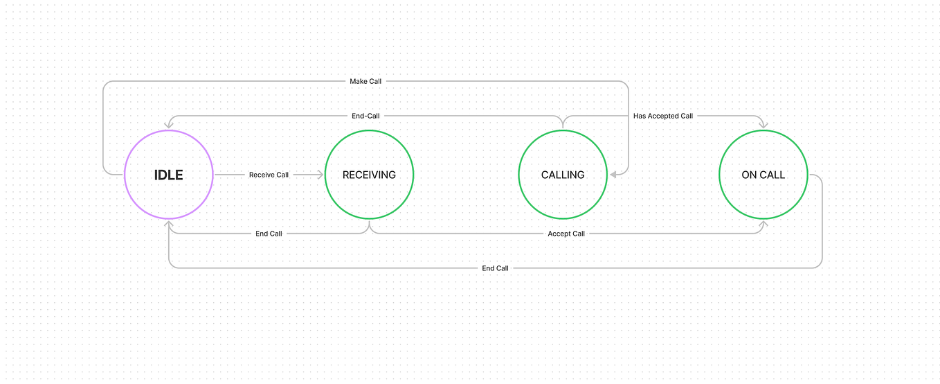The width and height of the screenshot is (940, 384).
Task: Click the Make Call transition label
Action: tap(365, 82)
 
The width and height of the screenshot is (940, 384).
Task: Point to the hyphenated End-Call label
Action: tap(365, 116)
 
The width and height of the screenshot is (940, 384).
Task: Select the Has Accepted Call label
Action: tap(662, 116)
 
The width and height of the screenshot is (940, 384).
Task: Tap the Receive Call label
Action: tap(269, 175)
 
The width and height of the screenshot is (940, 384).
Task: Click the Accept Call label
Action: tap(566, 234)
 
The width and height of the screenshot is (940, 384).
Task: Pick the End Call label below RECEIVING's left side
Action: tap(269, 234)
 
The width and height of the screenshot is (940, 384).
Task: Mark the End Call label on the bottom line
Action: tap(495, 268)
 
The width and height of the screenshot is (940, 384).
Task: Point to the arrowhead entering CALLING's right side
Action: tap(612, 175)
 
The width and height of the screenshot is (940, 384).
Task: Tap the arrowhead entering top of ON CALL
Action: tap(763, 125)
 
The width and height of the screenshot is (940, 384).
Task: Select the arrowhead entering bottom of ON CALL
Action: tap(763, 224)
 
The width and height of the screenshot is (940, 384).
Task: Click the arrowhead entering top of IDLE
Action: tap(169, 125)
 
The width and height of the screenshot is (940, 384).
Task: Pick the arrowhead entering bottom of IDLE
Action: tap(169, 224)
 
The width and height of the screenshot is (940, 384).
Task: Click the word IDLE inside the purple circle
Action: tap(169, 175)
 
